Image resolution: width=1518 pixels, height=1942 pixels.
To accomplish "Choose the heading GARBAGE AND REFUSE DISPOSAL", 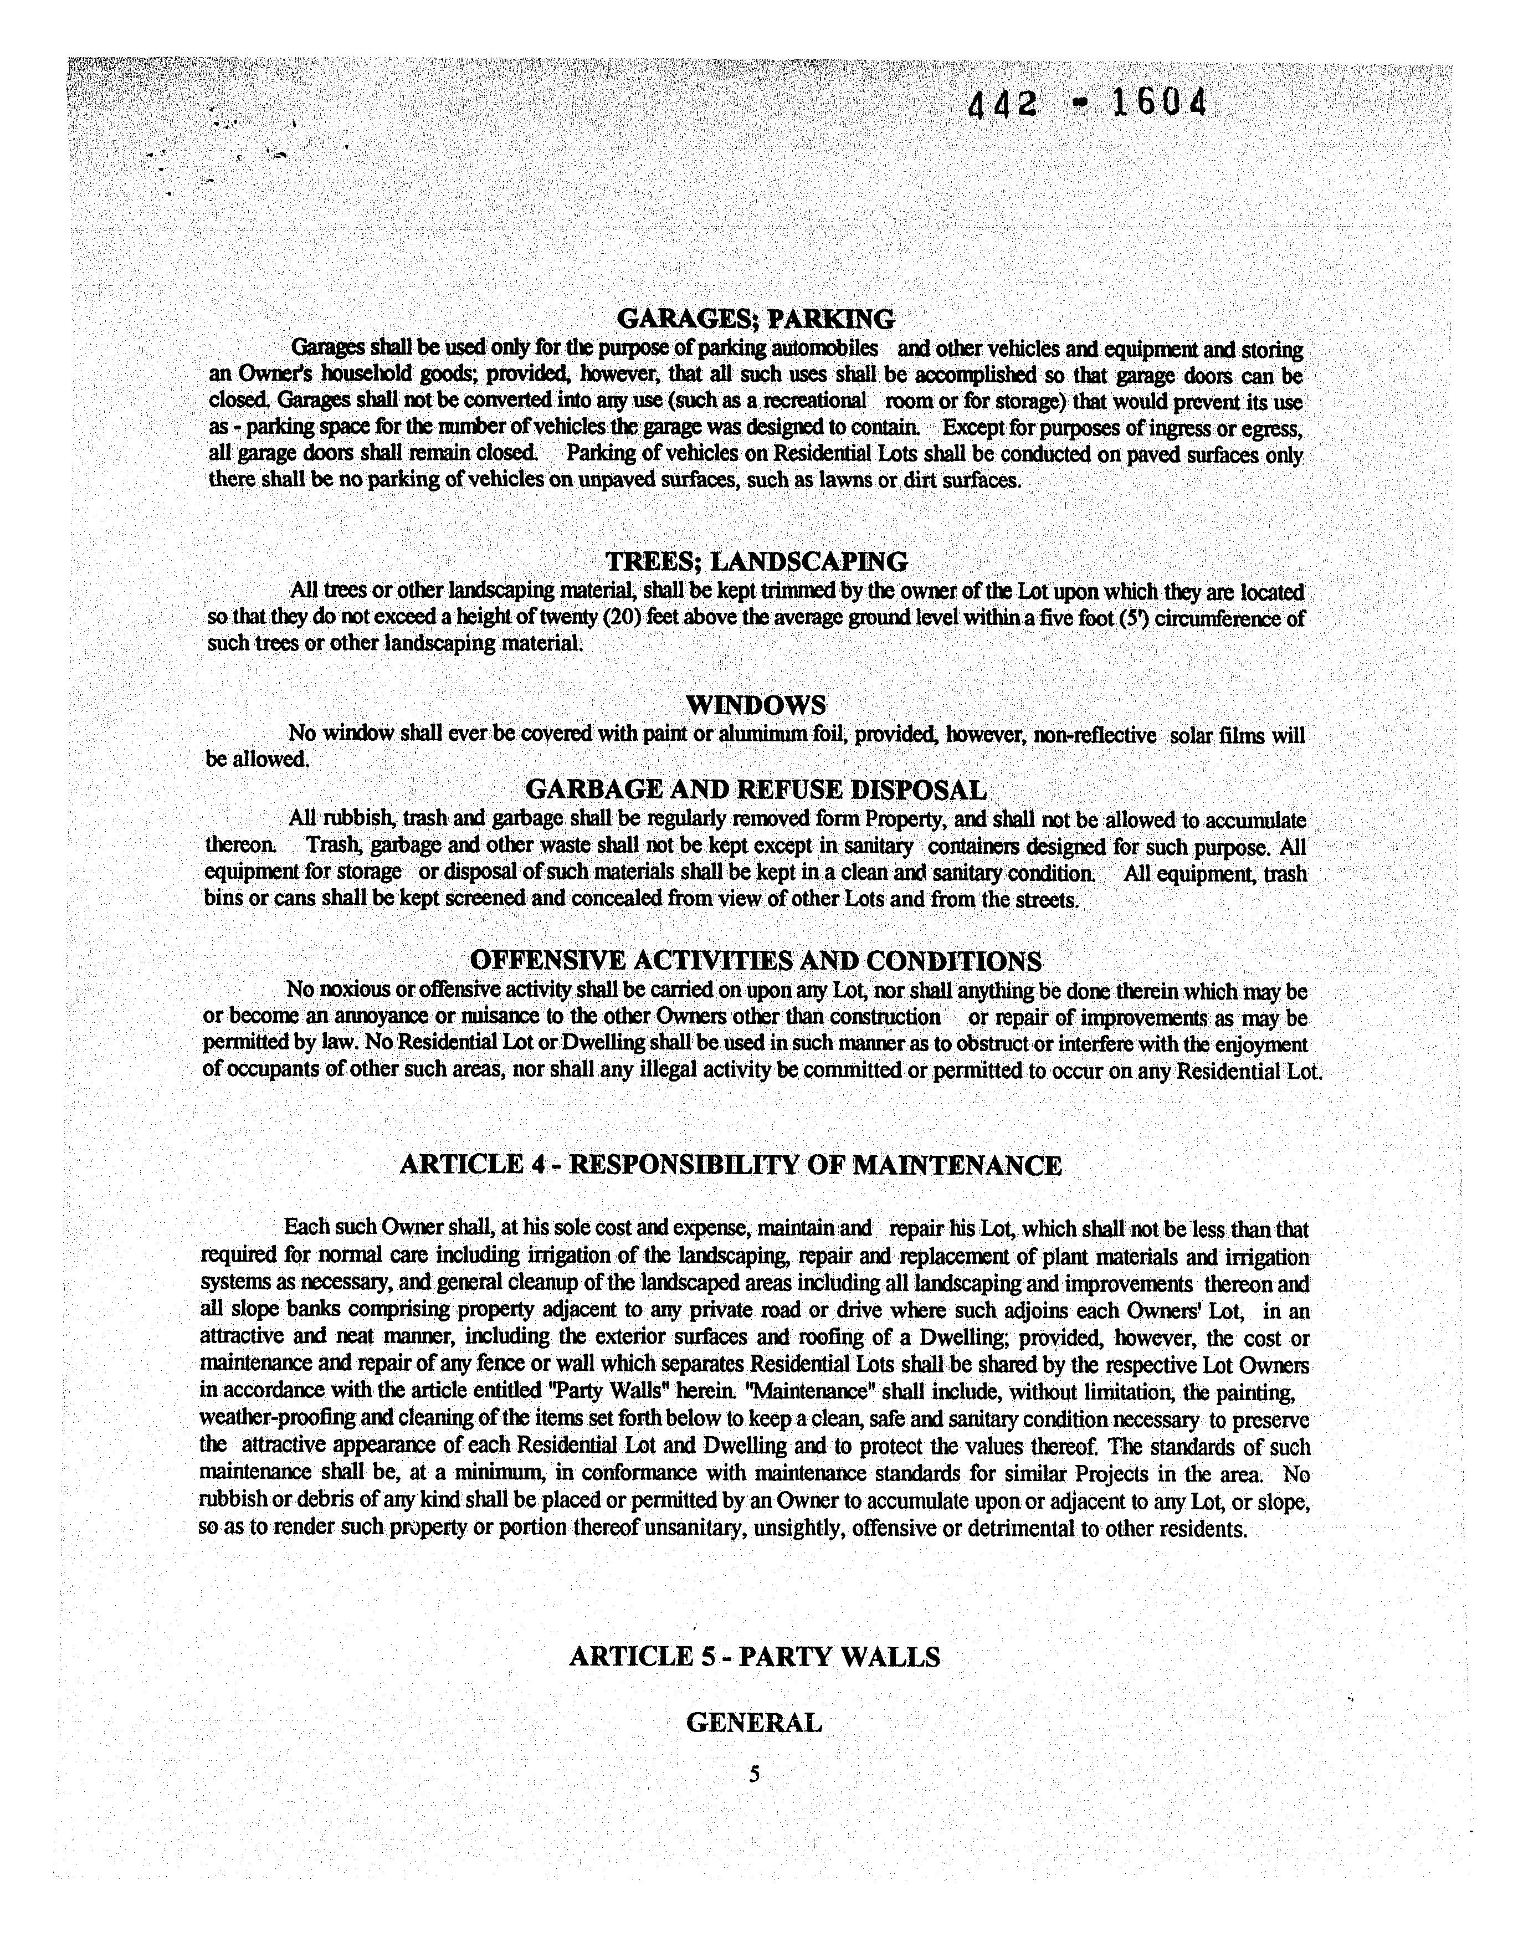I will tap(756, 789).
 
